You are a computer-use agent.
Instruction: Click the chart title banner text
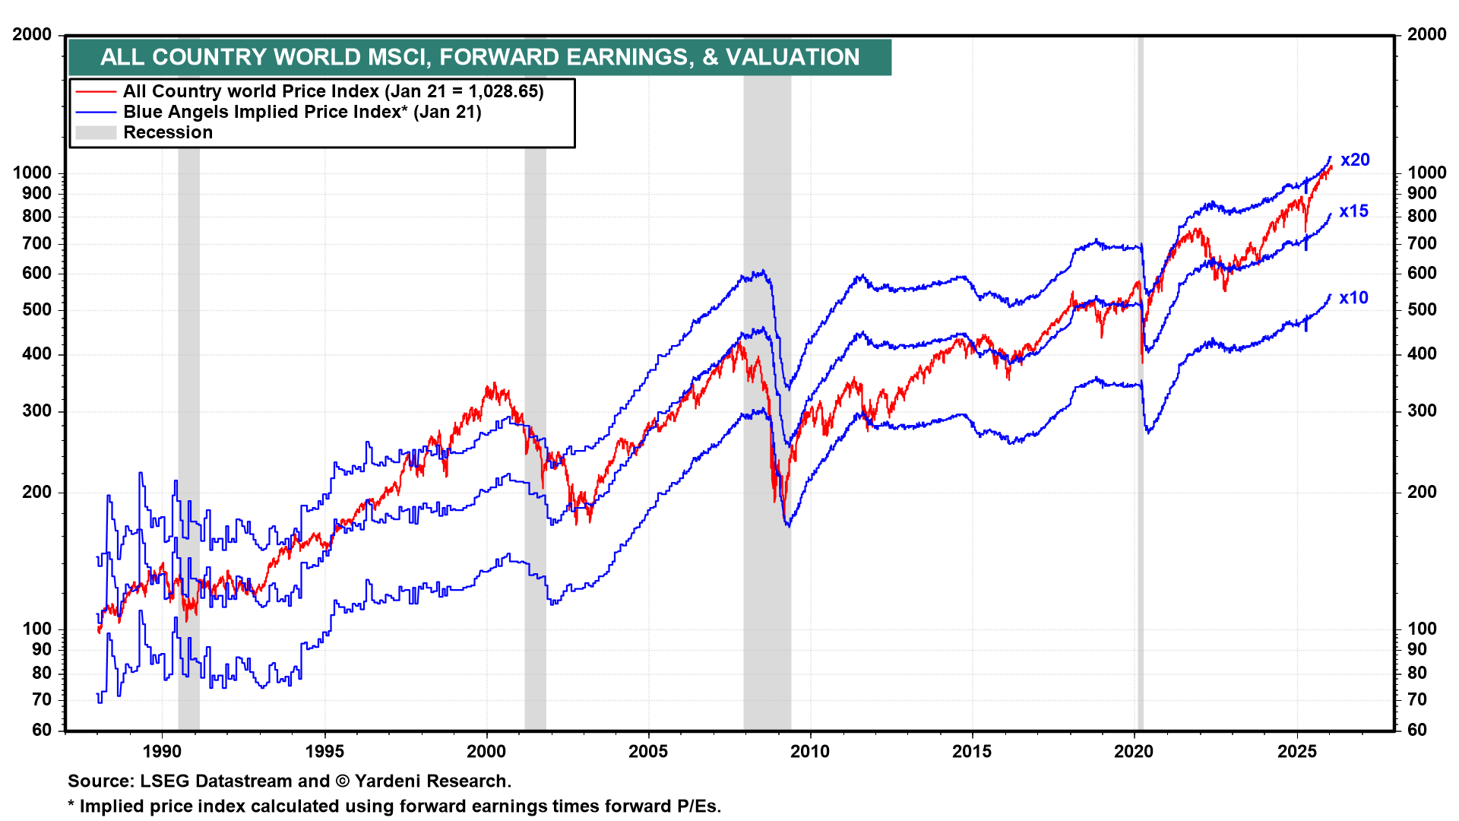pyautogui.click(x=479, y=57)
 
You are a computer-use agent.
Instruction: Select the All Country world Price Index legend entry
pyautogui.click(x=333, y=91)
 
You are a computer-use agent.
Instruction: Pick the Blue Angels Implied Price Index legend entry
pyautogui.click(x=302, y=112)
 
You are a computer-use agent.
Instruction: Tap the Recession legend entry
pyautogui.click(x=167, y=132)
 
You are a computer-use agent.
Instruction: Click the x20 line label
pyautogui.click(x=1355, y=160)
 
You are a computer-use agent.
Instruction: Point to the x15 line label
pyautogui.click(x=1353, y=211)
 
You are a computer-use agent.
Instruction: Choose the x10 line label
pyautogui.click(x=1353, y=298)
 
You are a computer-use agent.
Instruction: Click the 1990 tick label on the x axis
pyautogui.click(x=162, y=752)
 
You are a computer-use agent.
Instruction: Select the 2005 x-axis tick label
pyautogui.click(x=648, y=752)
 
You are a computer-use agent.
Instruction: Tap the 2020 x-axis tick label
pyautogui.click(x=1134, y=752)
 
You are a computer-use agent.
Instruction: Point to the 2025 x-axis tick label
pyautogui.click(x=1296, y=752)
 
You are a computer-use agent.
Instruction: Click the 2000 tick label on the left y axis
pyautogui.click(x=33, y=34)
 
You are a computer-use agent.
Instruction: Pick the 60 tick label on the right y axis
pyautogui.click(x=1416, y=730)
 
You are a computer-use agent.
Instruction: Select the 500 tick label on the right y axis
pyautogui.click(x=1422, y=309)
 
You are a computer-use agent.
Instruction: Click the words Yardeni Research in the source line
pyautogui.click(x=432, y=781)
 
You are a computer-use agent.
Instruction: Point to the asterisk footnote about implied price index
pyautogui.click(x=394, y=806)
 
